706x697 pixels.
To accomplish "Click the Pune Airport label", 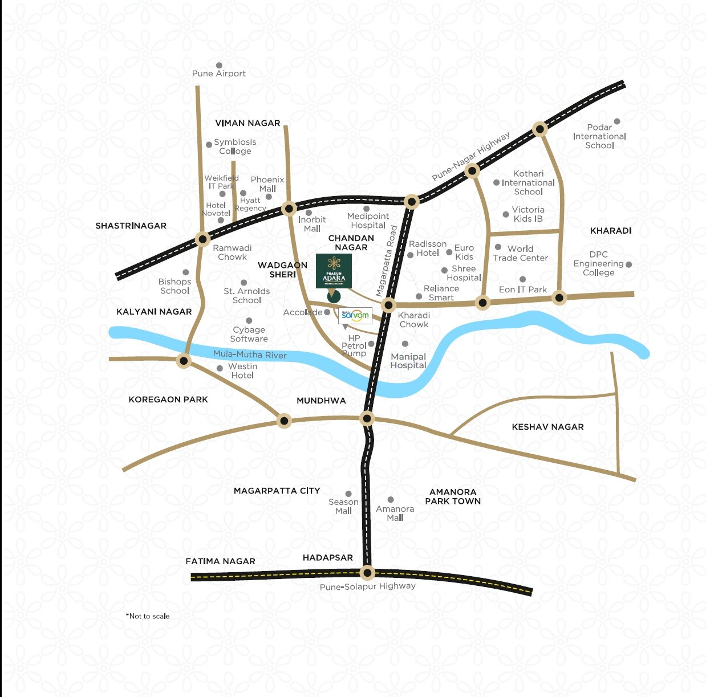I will (x=219, y=74).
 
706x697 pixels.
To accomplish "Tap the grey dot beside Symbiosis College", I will (x=209, y=145).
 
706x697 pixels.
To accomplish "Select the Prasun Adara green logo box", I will (x=334, y=271).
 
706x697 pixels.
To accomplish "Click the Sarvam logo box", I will (x=355, y=315).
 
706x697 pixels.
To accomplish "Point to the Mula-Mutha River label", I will (x=250, y=354).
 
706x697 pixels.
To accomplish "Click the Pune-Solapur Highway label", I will (x=367, y=586).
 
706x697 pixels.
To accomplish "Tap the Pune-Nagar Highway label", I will (x=470, y=156).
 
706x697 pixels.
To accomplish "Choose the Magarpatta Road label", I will (x=387, y=261).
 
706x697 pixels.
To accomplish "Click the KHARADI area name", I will (x=611, y=231).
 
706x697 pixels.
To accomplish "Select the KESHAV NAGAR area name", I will (x=547, y=427).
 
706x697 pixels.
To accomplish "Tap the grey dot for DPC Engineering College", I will (x=628, y=264).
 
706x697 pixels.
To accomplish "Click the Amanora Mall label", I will (x=395, y=513).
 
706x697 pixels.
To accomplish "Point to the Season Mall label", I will (x=343, y=506).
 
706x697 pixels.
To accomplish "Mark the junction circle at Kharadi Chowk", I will (x=389, y=304).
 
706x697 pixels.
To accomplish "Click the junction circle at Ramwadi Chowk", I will (x=202, y=239).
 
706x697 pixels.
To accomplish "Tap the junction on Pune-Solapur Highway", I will (x=367, y=572).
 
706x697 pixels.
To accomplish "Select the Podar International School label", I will (x=599, y=136).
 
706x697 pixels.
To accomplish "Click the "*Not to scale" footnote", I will (x=148, y=616).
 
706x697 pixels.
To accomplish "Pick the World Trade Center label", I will (x=520, y=254).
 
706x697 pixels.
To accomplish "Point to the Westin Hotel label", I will (x=242, y=371).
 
